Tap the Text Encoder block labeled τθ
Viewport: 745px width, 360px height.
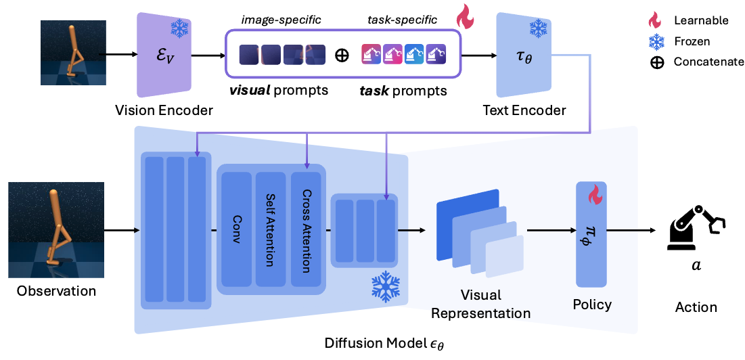click(524, 56)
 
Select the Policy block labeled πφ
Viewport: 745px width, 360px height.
click(593, 233)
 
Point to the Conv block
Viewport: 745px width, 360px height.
click(237, 229)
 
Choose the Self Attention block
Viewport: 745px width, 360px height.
click(271, 229)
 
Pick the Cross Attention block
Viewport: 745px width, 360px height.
click(305, 229)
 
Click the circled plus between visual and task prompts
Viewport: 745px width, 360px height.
click(342, 55)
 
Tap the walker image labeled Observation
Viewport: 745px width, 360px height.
click(56, 231)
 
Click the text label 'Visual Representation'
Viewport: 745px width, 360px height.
click(480, 304)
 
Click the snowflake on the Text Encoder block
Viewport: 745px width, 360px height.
click(539, 28)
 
